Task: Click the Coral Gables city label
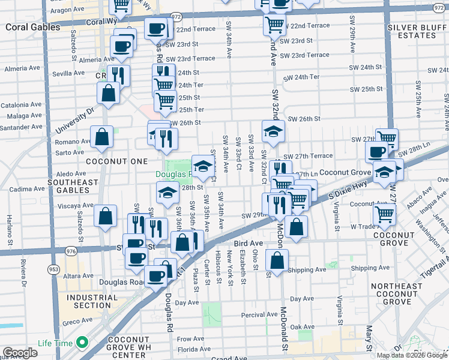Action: (33, 28)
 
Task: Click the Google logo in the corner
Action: (20, 353)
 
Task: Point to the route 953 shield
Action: (54, 269)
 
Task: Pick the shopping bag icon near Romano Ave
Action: (102, 136)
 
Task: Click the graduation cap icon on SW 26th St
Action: (273, 131)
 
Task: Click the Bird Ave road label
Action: (249, 244)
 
